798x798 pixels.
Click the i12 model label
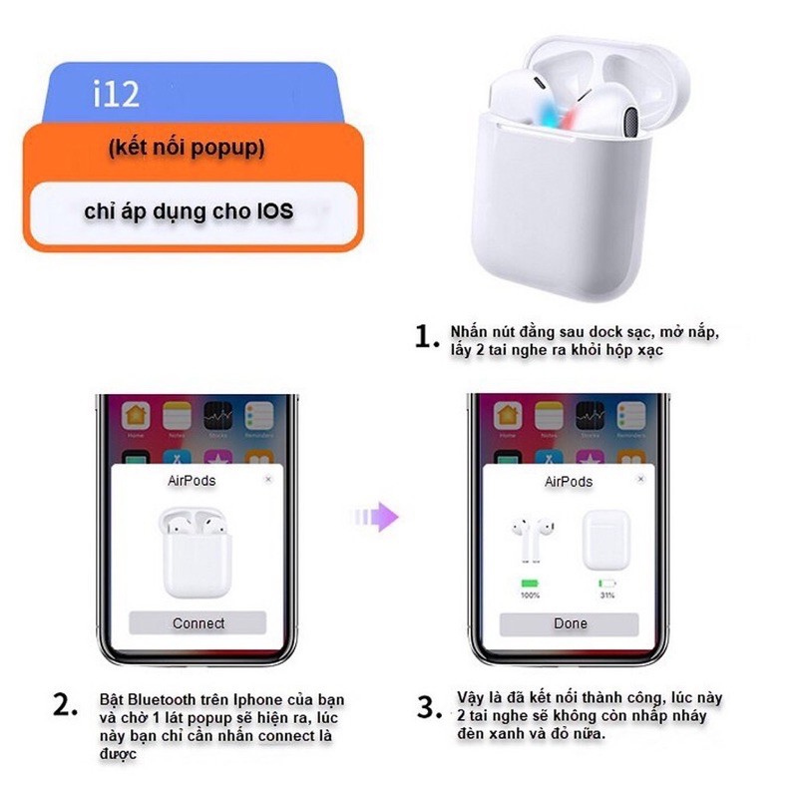117,95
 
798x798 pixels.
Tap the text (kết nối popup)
187,149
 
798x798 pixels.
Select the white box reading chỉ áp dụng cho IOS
189,211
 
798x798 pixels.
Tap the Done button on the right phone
570,623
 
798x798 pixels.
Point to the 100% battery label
530,595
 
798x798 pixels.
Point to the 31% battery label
606,595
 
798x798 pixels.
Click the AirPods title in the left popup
192,481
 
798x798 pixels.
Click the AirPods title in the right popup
569,482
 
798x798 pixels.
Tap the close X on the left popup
267,480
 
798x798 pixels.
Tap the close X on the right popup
644,480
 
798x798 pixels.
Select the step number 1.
427,338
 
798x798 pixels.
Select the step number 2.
65,706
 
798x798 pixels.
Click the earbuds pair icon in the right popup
529,539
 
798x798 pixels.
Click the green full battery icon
530,582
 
